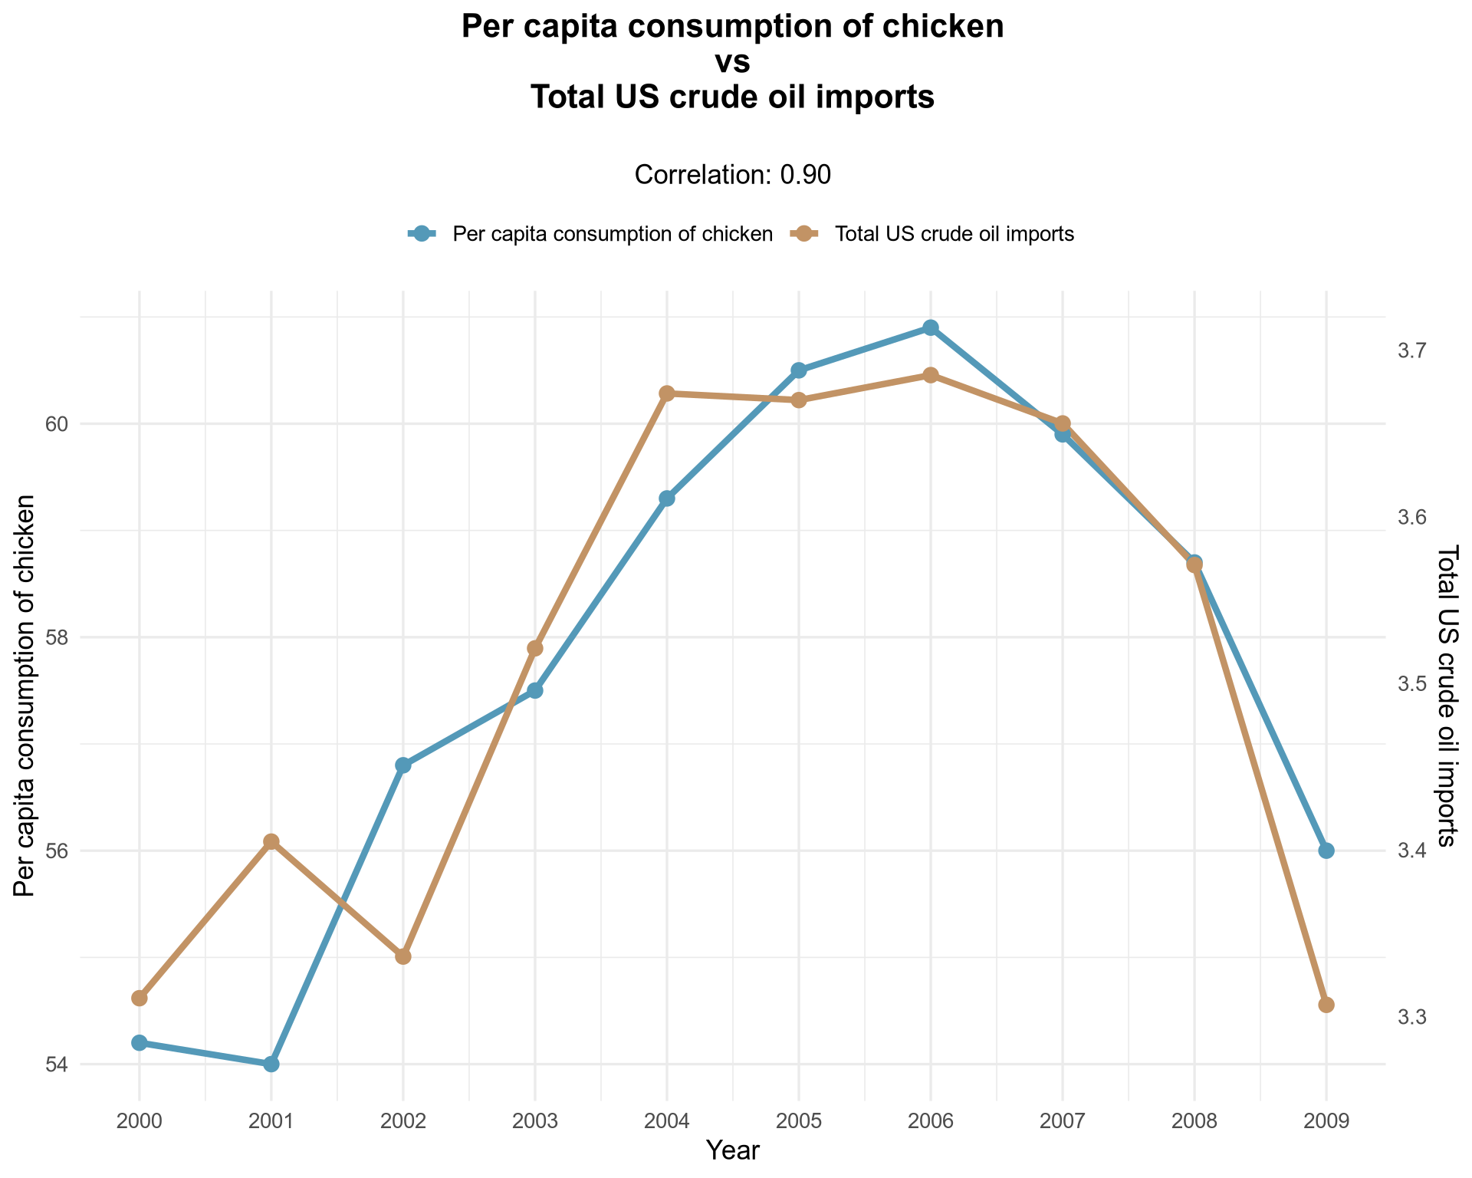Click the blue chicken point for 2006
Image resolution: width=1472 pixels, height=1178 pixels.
(x=931, y=328)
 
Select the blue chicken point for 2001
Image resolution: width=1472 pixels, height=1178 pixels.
(x=271, y=1064)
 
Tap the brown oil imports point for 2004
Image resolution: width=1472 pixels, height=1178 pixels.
(x=667, y=393)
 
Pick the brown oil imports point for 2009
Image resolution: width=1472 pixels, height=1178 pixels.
(x=1326, y=1005)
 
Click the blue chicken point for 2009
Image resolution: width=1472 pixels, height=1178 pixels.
(x=1326, y=851)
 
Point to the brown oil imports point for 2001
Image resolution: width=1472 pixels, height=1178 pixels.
(x=271, y=842)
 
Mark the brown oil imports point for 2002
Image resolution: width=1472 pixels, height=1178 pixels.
(x=403, y=956)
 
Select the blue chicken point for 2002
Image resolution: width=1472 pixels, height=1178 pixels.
(x=403, y=765)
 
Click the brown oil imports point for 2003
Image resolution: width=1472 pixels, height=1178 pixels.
(x=535, y=649)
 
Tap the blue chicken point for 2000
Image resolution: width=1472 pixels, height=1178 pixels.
(x=140, y=1042)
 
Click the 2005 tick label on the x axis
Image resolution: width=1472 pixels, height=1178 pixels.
(x=799, y=1122)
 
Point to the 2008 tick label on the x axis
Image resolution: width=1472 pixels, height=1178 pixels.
(x=1194, y=1122)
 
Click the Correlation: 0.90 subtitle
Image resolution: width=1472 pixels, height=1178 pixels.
(x=733, y=176)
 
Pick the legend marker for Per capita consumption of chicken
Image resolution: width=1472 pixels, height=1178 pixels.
(x=421, y=234)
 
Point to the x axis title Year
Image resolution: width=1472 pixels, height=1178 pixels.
(x=733, y=1150)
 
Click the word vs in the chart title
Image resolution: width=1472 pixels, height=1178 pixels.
(x=733, y=63)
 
